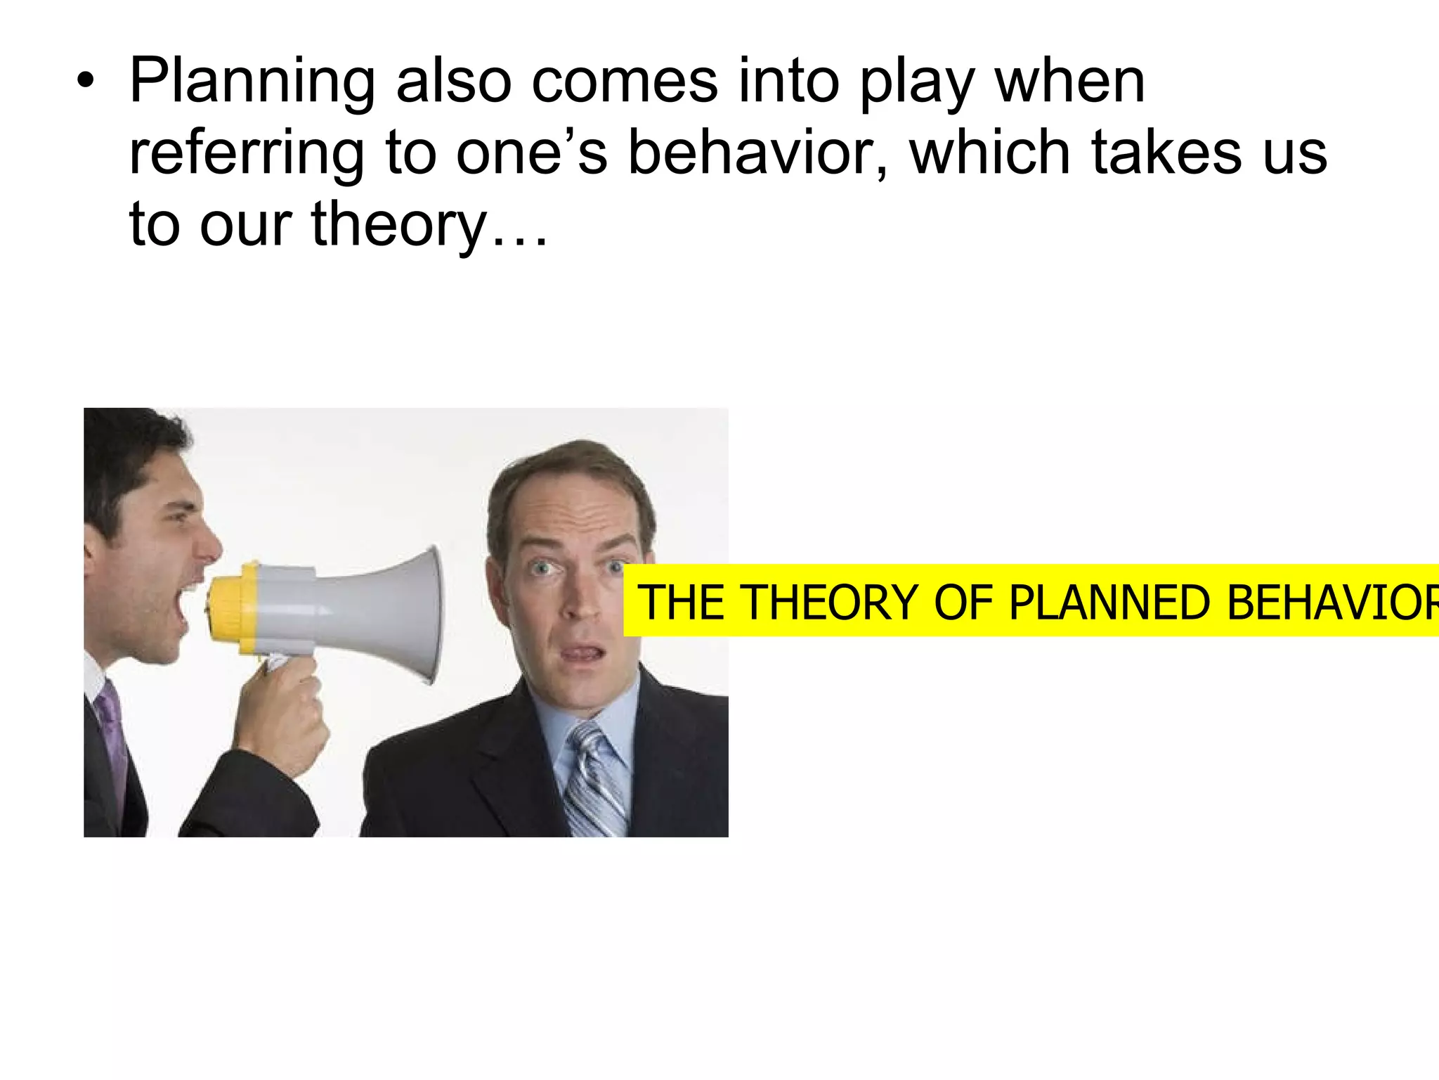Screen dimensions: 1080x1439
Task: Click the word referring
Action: [247, 153]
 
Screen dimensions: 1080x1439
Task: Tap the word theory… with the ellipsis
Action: [429, 224]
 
